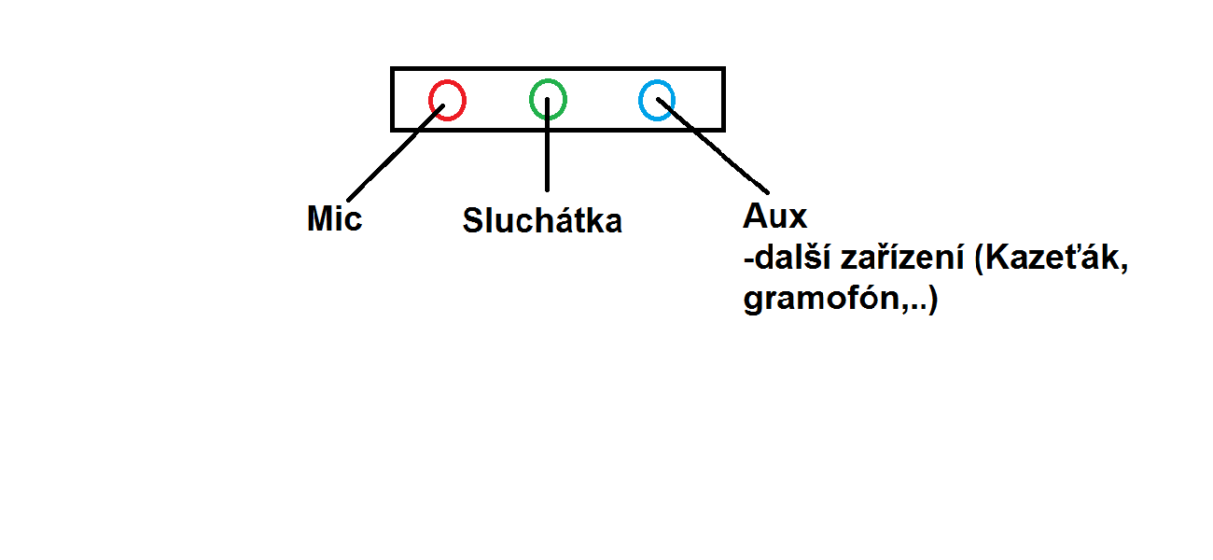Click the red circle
pyautogui.click(x=447, y=100)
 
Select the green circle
pyautogui.click(x=548, y=98)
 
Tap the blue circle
pyautogui.click(x=657, y=100)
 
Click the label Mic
pyautogui.click(x=334, y=220)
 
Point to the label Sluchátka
pyautogui.click(x=542, y=221)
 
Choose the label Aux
pyautogui.click(x=774, y=217)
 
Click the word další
pyautogui.click(x=788, y=259)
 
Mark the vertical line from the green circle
pyautogui.click(x=547, y=154)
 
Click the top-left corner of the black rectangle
pyautogui.click(x=393, y=69)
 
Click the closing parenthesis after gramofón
pyautogui.click(x=932, y=301)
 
